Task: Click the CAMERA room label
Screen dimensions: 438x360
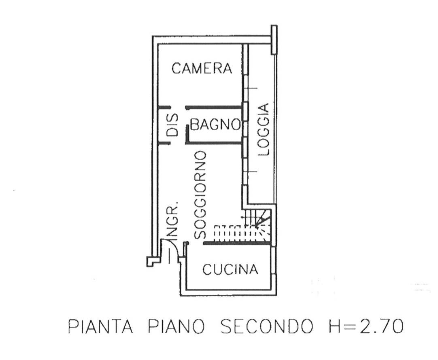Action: click(202, 68)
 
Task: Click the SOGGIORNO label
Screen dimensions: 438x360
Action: click(200, 195)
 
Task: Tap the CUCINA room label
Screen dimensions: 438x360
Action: click(230, 269)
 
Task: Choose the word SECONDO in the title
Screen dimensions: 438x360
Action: click(266, 326)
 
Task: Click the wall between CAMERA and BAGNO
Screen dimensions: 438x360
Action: click(214, 107)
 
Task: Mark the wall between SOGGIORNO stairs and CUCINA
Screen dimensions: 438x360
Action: click(237, 244)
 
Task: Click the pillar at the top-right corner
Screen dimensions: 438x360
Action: click(274, 40)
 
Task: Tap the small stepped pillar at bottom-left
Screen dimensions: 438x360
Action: click(153, 261)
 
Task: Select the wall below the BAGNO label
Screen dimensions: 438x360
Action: click(214, 143)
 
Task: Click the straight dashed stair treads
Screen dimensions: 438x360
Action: click(230, 231)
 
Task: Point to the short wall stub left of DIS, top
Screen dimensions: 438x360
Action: click(164, 107)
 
